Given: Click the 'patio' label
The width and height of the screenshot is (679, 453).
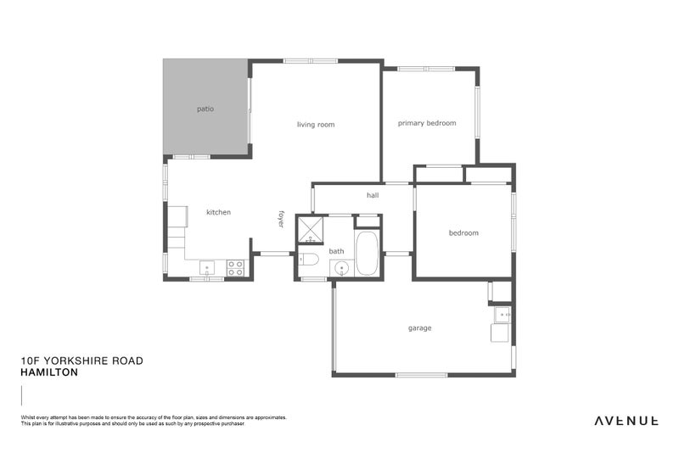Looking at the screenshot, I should [x=205, y=109].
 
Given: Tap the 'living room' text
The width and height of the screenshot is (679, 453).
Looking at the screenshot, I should [x=315, y=125].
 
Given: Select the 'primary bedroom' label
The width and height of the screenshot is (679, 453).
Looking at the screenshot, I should [x=427, y=123].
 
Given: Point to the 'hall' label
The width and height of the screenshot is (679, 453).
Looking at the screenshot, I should [x=373, y=195].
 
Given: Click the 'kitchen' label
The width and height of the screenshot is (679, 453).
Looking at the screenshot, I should [x=218, y=212].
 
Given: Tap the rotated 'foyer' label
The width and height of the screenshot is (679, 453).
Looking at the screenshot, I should [x=281, y=219].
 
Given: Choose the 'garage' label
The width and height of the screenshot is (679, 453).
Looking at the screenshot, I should [x=419, y=328].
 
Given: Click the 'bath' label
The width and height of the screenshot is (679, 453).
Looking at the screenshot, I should [x=337, y=251].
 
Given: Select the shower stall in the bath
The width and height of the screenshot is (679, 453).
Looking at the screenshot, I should [x=310, y=230].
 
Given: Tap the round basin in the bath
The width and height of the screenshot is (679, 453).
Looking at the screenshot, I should [x=342, y=269].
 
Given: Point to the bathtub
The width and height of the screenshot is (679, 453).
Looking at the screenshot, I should [x=367, y=254].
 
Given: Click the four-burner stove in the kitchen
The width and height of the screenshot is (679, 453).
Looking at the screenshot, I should [x=235, y=268].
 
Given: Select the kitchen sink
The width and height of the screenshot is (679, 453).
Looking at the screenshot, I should [x=208, y=269].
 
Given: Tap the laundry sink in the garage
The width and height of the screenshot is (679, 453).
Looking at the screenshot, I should [x=502, y=316].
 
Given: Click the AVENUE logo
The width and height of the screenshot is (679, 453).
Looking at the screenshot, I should [x=626, y=420].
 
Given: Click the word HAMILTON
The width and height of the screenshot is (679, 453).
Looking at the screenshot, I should [x=49, y=372].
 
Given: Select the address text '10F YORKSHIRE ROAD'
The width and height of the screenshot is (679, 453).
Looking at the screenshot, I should [x=81, y=361].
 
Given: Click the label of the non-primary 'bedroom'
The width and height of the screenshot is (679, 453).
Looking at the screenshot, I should [x=463, y=233].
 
